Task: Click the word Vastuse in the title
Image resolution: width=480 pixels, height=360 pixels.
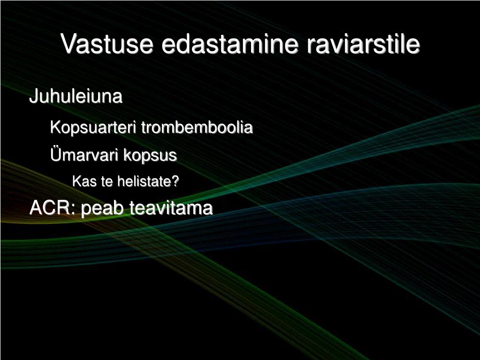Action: pyautogui.click(x=107, y=44)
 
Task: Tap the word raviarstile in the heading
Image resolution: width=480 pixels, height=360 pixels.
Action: pyautogui.click(x=363, y=44)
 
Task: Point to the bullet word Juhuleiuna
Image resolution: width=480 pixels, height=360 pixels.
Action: pyautogui.click(x=76, y=96)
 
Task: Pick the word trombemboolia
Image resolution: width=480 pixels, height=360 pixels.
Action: pyautogui.click(x=197, y=127)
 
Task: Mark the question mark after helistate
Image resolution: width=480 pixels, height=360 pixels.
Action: pyautogui.click(x=175, y=182)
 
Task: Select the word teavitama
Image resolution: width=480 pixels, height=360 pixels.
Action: pyautogui.click(x=171, y=208)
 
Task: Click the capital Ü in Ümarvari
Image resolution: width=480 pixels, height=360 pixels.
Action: pyautogui.click(x=55, y=154)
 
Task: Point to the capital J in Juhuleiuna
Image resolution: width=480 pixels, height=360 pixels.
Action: pyautogui.click(x=33, y=96)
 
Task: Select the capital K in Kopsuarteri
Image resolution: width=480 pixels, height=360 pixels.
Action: pyautogui.click(x=55, y=127)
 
